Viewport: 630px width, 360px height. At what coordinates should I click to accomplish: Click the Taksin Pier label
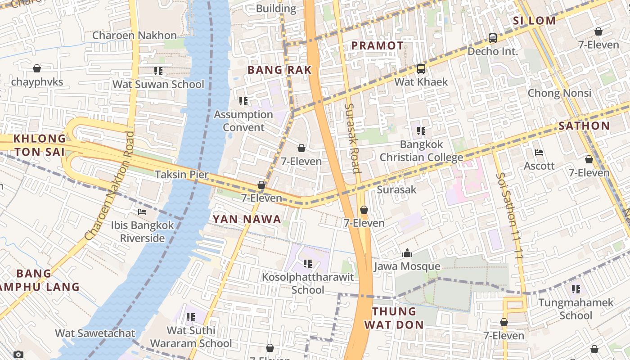click(x=177, y=175)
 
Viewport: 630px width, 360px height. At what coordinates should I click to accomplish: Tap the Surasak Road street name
click(x=352, y=138)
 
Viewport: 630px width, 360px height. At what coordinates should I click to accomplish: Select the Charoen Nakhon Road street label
click(x=109, y=185)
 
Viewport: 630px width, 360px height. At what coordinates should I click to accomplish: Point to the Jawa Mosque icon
click(x=407, y=253)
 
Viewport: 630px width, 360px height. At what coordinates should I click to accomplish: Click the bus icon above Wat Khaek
click(x=421, y=69)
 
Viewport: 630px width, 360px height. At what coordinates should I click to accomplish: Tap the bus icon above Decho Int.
click(x=493, y=38)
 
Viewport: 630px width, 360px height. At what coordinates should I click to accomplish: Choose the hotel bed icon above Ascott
click(x=539, y=153)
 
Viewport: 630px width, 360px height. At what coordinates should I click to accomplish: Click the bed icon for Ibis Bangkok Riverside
click(x=142, y=212)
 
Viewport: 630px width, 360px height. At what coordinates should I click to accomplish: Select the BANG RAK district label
click(x=279, y=70)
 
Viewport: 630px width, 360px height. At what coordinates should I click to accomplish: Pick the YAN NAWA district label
click(x=247, y=220)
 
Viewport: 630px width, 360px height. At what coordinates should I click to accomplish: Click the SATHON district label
click(x=584, y=126)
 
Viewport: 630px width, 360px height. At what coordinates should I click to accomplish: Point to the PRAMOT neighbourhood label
click(x=377, y=45)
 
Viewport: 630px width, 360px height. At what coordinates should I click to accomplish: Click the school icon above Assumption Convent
click(x=243, y=101)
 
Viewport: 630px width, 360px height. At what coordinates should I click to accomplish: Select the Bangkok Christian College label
click(x=421, y=151)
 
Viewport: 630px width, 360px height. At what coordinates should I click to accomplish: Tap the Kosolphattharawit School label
click(x=308, y=283)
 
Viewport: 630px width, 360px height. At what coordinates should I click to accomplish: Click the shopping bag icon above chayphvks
click(x=37, y=68)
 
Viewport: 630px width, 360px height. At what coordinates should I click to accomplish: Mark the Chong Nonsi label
click(x=559, y=93)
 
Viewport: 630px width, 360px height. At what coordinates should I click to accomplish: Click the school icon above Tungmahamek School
click(x=576, y=289)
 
